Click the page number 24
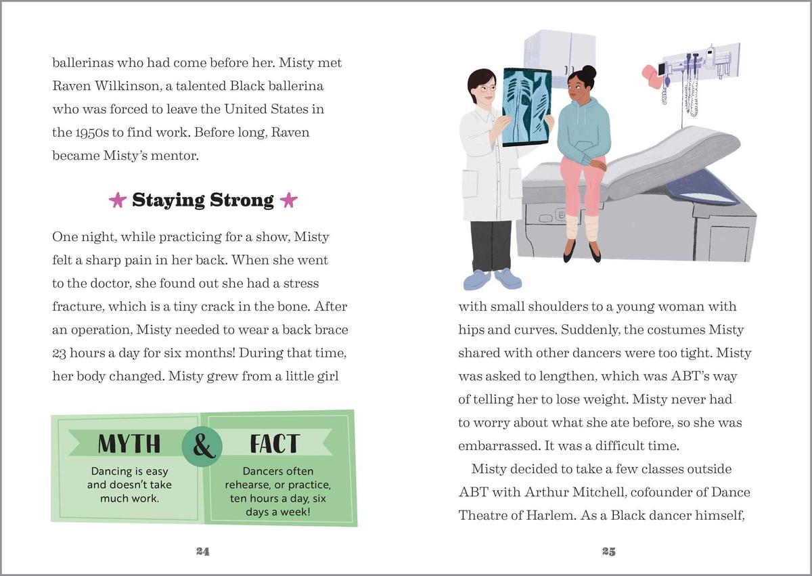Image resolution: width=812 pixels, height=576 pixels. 202,551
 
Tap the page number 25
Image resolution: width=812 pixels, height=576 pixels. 608,551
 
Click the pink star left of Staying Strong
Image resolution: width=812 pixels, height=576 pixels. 118,200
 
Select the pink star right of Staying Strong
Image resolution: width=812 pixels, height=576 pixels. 288,200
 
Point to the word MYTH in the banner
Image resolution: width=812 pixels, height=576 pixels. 129,443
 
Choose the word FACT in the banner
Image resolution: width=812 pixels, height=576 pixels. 274,443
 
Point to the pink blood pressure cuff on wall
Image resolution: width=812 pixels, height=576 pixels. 652,73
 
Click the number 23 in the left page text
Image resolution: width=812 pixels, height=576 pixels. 60,353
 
